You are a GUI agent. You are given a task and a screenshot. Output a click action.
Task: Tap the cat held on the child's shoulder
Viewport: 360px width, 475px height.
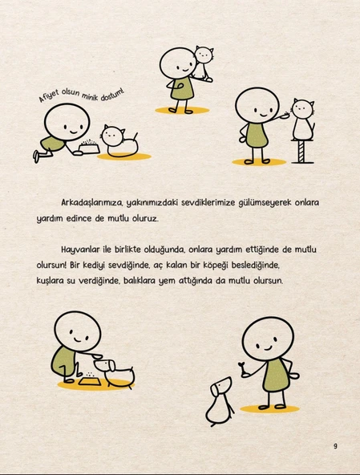point(204,63)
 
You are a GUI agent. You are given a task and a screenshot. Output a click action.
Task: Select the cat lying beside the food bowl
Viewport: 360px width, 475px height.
point(119,141)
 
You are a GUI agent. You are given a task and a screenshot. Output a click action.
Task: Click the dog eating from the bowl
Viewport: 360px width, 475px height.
point(117,371)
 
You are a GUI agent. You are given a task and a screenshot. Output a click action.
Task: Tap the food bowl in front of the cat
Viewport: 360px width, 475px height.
point(87,148)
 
